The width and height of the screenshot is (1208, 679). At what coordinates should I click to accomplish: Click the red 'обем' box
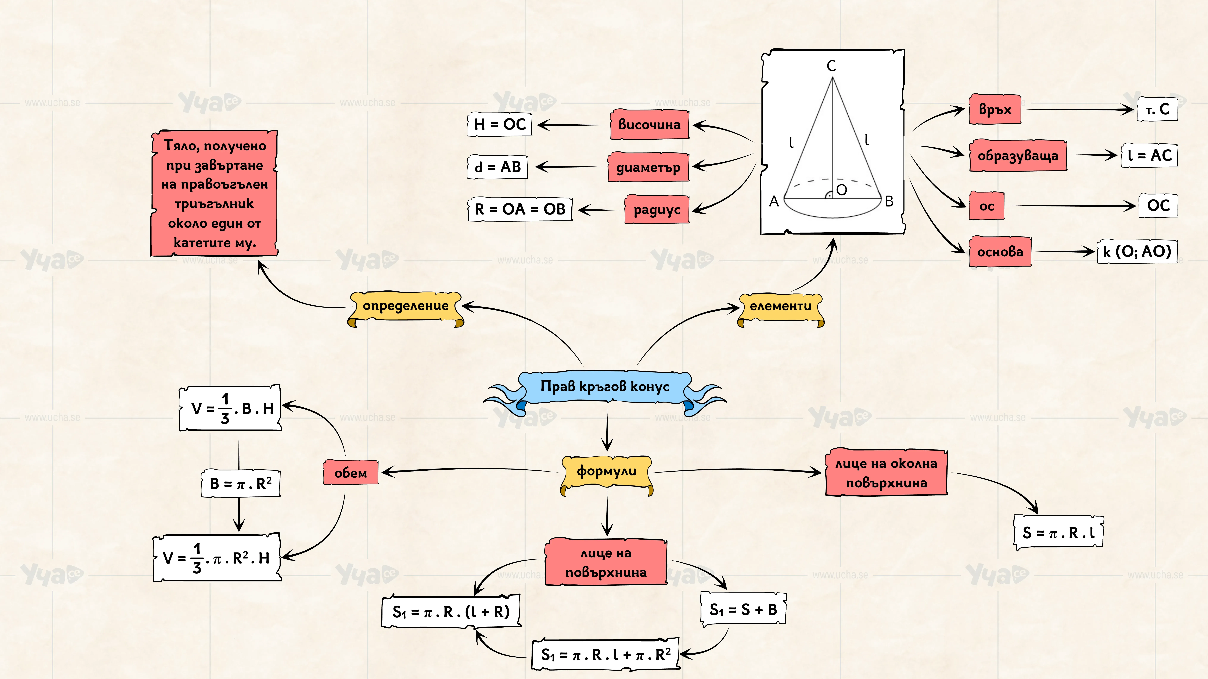[351, 472]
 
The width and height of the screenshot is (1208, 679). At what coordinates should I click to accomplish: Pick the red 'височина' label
[650, 125]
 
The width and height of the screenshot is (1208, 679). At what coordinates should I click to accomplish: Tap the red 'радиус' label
[657, 209]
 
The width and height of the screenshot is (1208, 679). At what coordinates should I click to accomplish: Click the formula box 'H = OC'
[500, 124]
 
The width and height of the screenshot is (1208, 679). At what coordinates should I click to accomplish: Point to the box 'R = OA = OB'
[520, 209]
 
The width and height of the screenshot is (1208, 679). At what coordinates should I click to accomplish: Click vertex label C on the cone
[831, 66]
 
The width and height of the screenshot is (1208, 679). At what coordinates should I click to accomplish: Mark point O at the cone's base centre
[841, 190]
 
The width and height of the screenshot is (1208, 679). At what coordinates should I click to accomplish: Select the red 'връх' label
[995, 109]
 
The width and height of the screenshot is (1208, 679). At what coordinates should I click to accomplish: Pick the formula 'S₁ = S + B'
[743, 609]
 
